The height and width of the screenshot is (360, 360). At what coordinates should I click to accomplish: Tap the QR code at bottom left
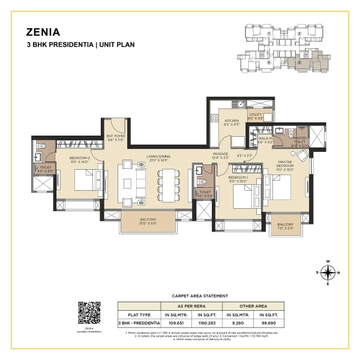89,312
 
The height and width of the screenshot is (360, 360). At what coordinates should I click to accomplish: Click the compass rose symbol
328,273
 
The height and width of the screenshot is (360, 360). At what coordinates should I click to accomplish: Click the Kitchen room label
232,123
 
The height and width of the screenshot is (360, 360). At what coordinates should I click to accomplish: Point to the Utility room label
256,115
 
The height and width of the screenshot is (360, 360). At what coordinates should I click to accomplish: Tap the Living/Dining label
158,159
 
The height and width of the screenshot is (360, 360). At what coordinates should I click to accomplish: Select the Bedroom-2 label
80,159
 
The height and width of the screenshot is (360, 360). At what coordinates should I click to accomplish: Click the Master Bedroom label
286,165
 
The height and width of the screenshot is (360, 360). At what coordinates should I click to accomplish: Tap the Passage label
221,155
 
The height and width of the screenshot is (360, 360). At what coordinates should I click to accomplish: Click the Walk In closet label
265,140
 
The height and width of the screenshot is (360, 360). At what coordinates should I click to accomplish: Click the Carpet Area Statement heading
200,296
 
